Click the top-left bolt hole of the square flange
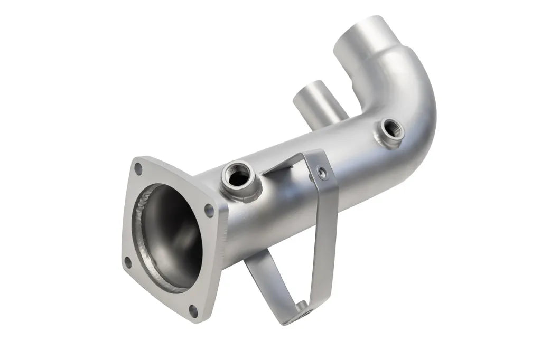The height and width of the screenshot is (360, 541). pyautogui.click(x=138, y=169)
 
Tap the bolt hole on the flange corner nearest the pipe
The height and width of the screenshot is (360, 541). pyautogui.click(x=209, y=210)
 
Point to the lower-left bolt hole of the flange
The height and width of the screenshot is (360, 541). pyautogui.click(x=127, y=261)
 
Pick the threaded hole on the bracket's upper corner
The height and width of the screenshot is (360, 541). pyautogui.click(x=320, y=170)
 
